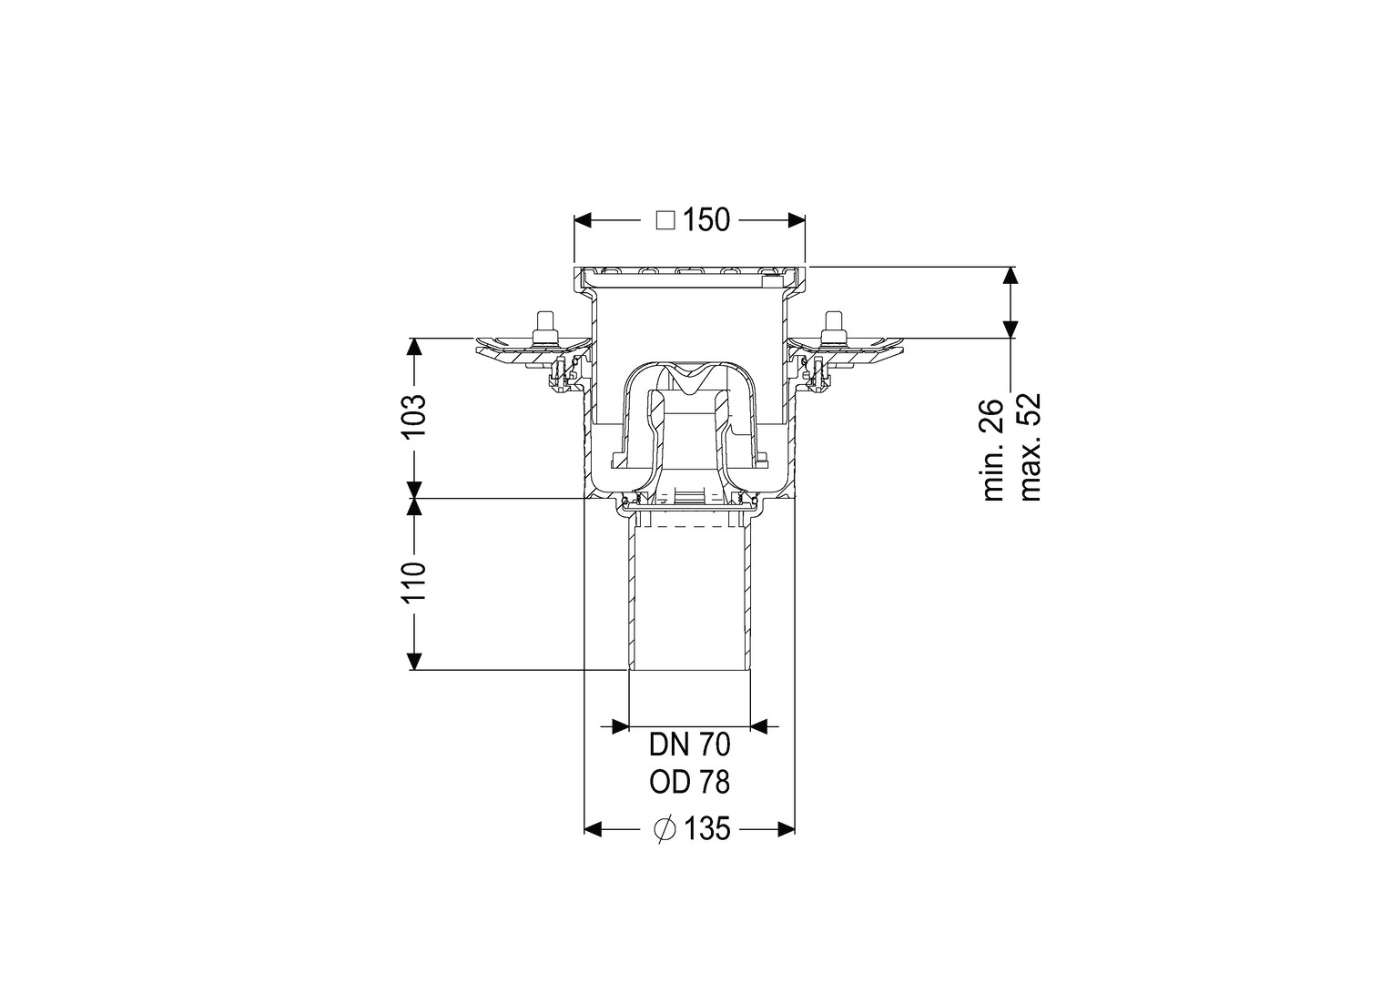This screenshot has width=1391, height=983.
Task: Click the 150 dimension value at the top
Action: (x=706, y=220)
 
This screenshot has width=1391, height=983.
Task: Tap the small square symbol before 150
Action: (x=665, y=221)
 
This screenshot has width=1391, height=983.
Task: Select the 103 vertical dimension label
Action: (x=415, y=416)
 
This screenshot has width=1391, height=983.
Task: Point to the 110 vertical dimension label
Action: (x=415, y=582)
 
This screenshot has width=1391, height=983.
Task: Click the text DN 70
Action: (x=689, y=745)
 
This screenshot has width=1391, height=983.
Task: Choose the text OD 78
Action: (x=689, y=783)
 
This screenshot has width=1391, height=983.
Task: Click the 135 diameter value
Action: (x=706, y=828)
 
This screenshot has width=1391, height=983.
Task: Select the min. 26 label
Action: (x=993, y=450)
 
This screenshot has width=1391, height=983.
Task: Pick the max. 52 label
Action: (x=1030, y=446)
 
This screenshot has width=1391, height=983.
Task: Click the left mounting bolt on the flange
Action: (x=543, y=328)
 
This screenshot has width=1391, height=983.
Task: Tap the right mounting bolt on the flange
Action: (x=831, y=328)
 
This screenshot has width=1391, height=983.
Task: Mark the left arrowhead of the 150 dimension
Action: (x=583, y=220)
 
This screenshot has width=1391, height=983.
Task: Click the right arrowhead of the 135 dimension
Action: (x=787, y=828)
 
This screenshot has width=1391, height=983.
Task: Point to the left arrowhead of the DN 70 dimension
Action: (x=621, y=726)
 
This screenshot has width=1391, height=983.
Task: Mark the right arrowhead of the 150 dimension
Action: (x=797, y=220)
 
